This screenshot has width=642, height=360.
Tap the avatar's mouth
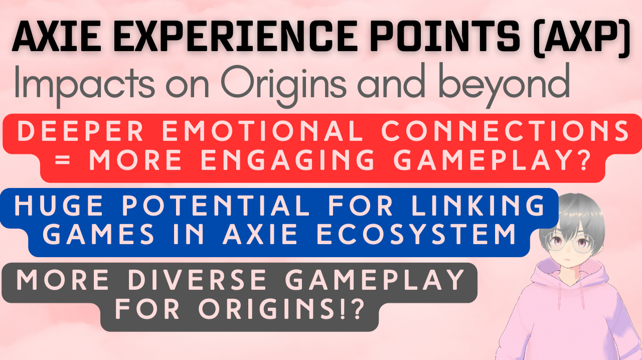click(x=566, y=261)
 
